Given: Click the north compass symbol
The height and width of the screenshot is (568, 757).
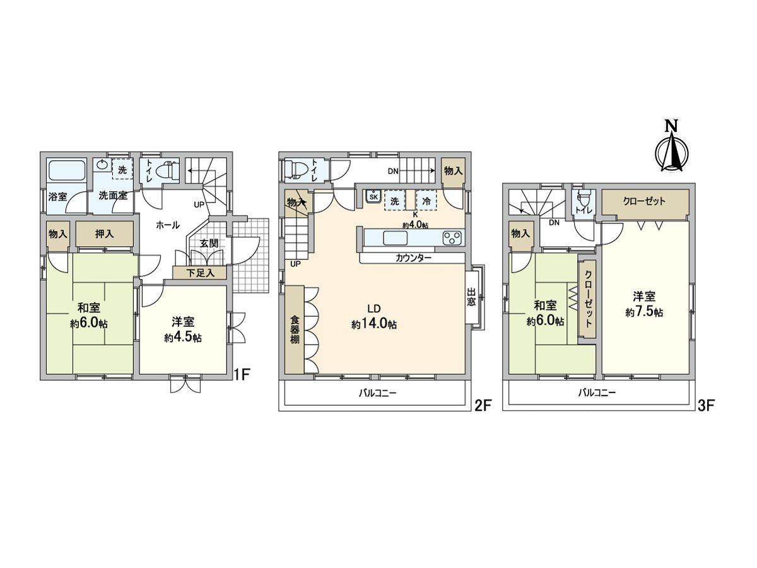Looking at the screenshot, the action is pos(671,151).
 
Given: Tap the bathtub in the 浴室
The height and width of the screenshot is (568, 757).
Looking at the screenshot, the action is pos(67,170).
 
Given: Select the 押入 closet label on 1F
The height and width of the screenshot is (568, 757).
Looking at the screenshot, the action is pos(105,234).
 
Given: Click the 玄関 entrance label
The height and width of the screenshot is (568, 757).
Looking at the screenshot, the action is pos(209,243).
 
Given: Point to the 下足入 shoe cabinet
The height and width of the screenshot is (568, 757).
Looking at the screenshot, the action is pos(200,273).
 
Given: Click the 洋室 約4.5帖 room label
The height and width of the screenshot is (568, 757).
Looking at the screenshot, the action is pos(183,329).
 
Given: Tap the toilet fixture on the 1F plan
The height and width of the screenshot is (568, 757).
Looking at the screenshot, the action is pos(167,170).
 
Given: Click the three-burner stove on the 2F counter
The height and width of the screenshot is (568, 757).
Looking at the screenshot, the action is pos(452,238).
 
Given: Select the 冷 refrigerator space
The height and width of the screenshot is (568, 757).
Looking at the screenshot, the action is pos(426,200).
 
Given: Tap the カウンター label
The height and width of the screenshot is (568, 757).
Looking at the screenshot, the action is pos(413,258).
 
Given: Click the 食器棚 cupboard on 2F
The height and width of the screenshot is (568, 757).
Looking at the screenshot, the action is pos(294,329).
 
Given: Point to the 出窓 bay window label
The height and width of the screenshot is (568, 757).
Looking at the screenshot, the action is pos(471,297).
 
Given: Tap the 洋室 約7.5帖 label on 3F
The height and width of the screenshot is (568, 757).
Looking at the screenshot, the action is pos(644,304).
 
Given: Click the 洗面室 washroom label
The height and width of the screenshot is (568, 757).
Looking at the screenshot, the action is pos(113,196).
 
